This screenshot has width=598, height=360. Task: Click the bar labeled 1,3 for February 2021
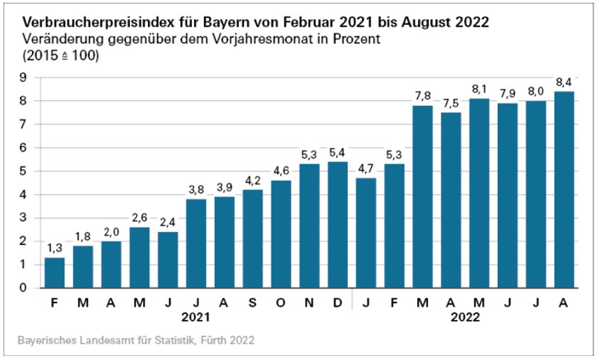click(x=54, y=272)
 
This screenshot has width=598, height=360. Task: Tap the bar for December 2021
click(x=338, y=225)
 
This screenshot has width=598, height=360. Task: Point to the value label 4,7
click(x=366, y=169)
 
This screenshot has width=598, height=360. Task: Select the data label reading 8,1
click(x=479, y=90)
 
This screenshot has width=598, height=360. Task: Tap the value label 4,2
click(x=252, y=181)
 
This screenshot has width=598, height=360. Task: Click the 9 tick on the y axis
click(x=23, y=78)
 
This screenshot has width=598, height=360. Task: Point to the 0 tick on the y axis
click(x=23, y=288)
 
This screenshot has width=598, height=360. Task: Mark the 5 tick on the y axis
click(x=23, y=171)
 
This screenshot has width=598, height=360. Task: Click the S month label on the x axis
click(x=252, y=303)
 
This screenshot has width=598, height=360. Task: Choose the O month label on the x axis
click(x=281, y=303)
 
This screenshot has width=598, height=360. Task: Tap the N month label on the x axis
click(x=309, y=303)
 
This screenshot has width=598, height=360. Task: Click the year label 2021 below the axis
click(x=196, y=318)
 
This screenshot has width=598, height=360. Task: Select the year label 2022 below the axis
click(x=466, y=318)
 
